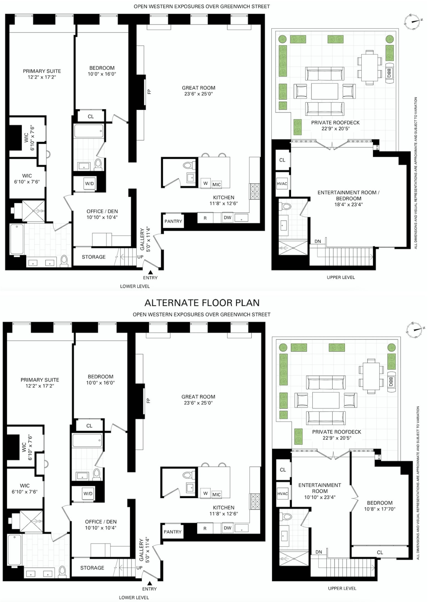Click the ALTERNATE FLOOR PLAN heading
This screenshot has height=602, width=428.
202,303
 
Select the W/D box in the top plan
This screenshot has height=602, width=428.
89,184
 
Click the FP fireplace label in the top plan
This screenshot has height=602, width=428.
149,92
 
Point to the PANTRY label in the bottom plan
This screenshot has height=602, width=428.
172,532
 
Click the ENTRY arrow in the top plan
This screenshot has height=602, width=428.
150,272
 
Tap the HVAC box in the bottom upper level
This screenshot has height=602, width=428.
282,494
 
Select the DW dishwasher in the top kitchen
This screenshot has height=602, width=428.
228,218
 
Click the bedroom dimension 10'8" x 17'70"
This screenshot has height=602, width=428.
380,509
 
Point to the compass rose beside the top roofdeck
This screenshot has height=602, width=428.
412,22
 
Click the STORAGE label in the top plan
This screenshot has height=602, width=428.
94,257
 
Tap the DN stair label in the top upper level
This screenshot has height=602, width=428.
318,241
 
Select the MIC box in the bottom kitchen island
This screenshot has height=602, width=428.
216,495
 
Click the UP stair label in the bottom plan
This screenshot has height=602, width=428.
140,568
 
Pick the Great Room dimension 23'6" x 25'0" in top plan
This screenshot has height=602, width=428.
199,94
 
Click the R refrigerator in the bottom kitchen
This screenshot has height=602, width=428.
205,528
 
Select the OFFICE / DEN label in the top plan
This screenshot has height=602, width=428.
102,211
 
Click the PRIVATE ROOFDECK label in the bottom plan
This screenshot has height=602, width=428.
336,432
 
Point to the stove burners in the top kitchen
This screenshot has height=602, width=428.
255,191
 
